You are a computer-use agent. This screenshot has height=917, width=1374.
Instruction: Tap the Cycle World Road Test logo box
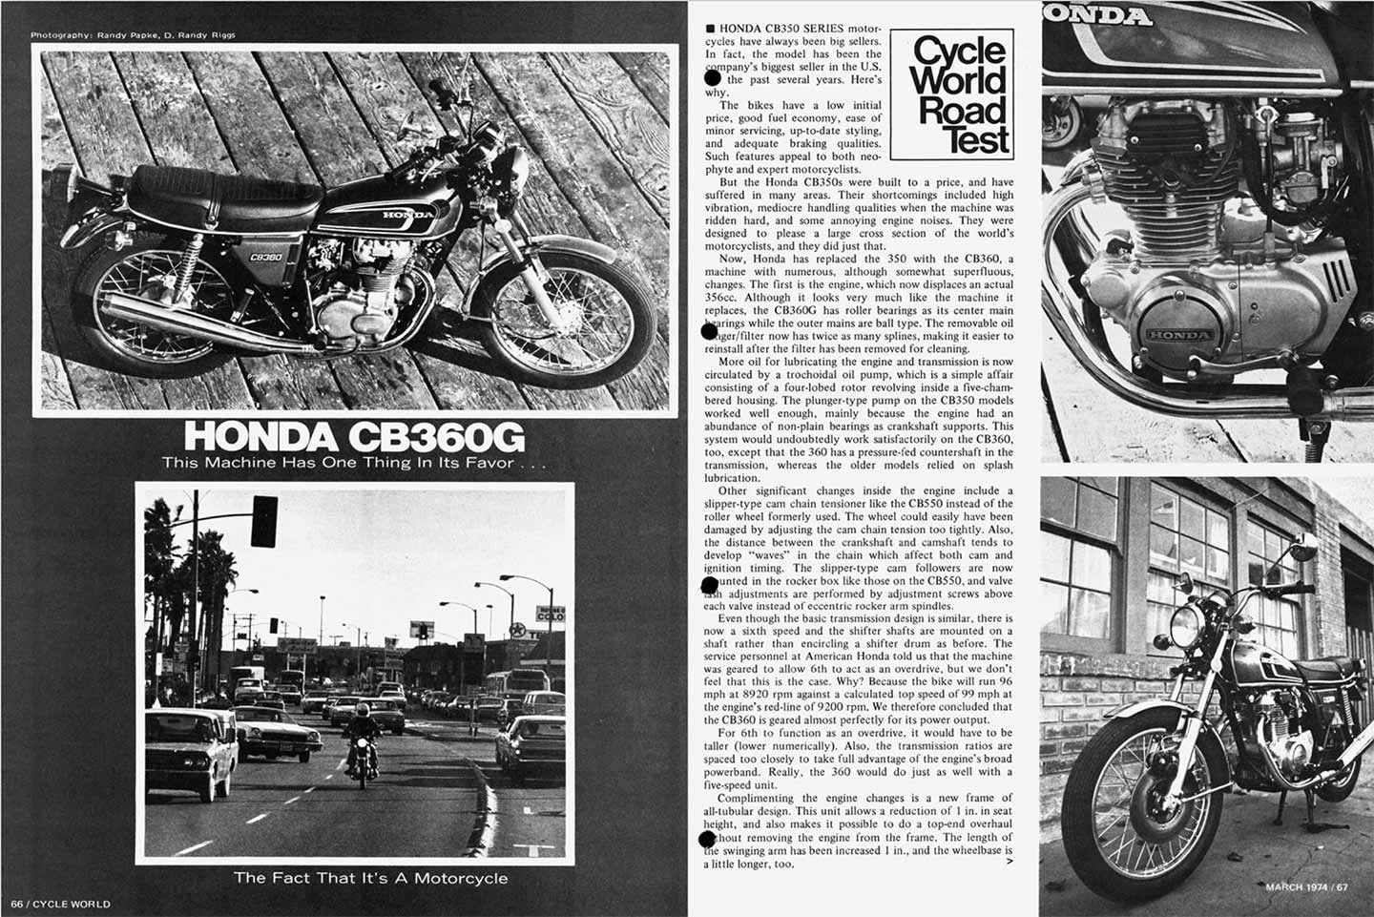pyautogui.click(x=962, y=95)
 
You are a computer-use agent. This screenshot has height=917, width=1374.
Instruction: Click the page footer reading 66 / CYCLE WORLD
pyautogui.click(x=61, y=903)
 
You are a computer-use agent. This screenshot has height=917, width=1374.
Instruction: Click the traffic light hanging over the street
pyautogui.click(x=264, y=520)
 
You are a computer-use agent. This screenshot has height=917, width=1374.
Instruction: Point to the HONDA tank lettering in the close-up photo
pyautogui.click(x=1106, y=15)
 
